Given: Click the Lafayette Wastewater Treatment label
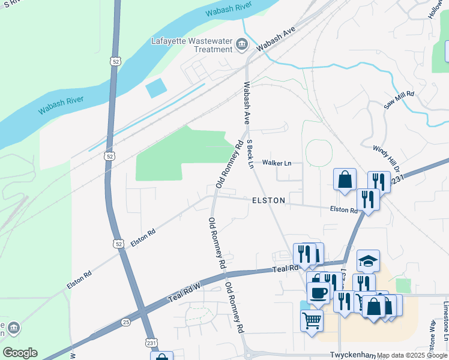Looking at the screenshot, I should point(191,45).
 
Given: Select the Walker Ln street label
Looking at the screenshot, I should point(277,163).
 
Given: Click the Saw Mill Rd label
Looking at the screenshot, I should point(399,98).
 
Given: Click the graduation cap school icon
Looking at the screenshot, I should point(368,260).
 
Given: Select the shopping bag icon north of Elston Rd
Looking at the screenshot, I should point(345,179).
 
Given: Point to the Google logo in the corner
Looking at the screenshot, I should point(20,352).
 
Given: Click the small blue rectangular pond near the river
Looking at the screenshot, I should point(157,88).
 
